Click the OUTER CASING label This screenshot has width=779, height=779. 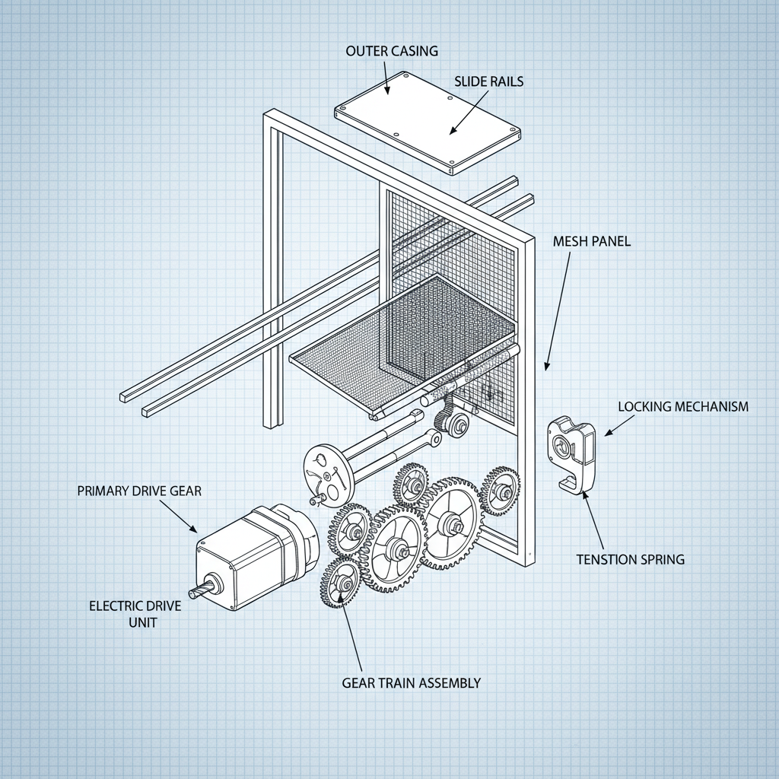392,52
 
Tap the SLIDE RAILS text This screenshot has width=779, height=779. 488,81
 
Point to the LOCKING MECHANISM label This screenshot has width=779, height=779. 682,406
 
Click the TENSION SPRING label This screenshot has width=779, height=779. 630,559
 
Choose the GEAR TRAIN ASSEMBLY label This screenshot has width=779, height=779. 411,682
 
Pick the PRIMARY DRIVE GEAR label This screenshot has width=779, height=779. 139,491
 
